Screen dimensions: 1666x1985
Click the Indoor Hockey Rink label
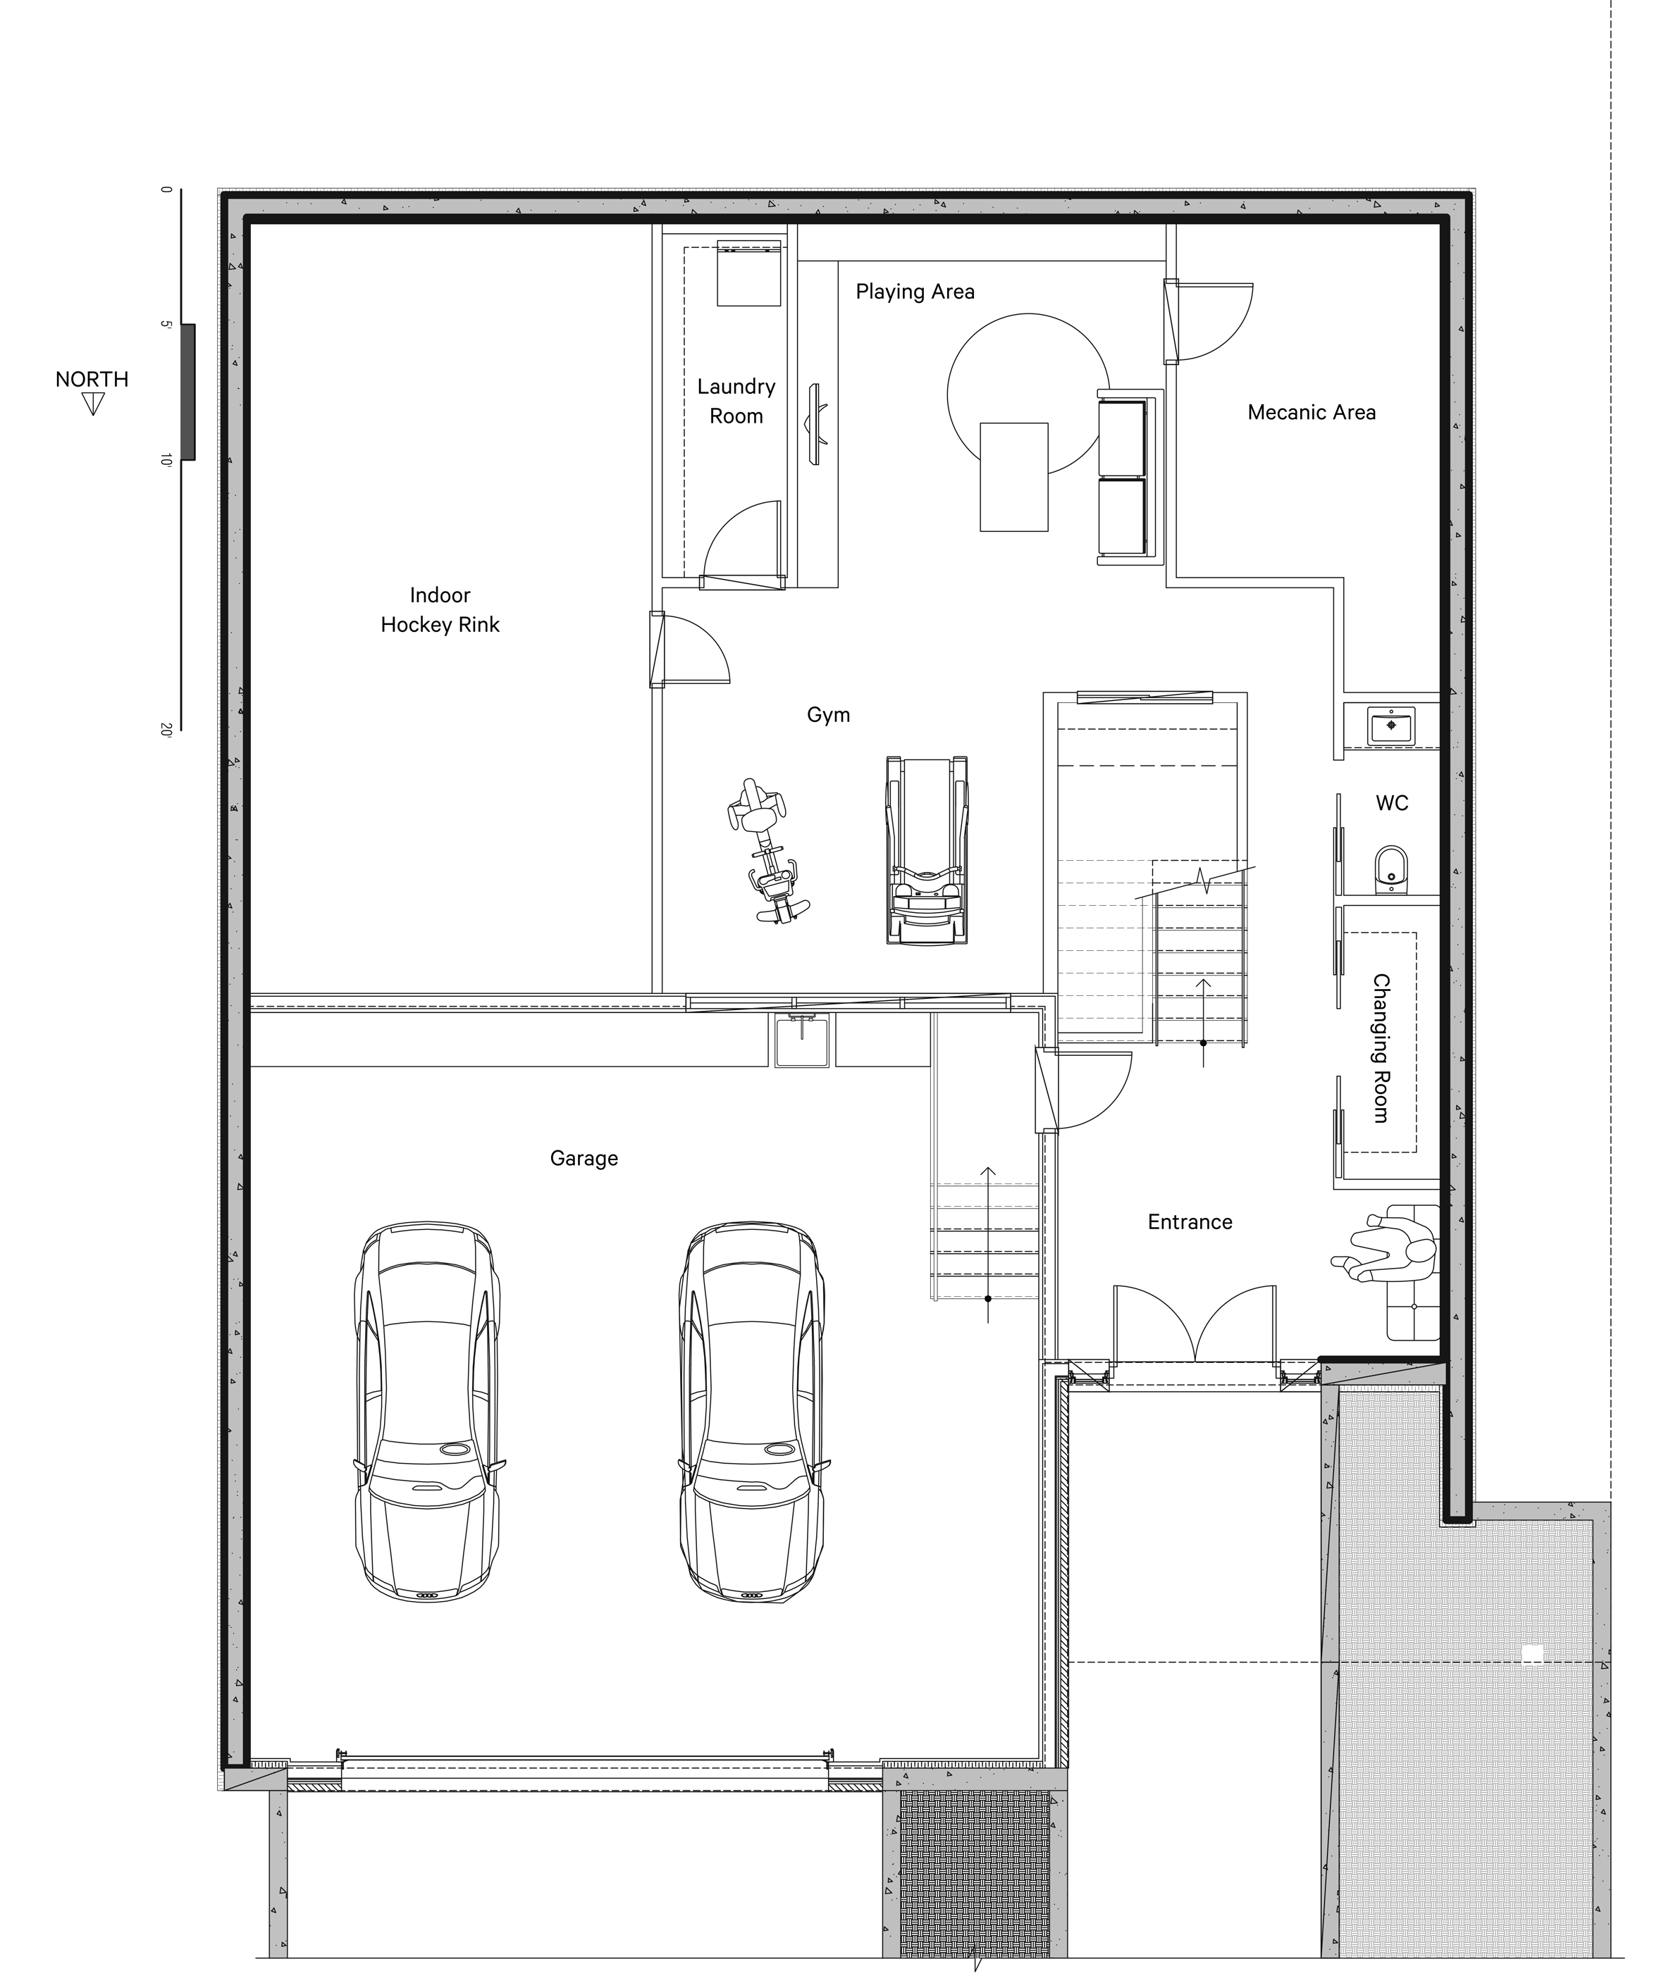440,610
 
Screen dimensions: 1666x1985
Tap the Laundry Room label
736,401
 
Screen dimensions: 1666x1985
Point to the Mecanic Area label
1311,412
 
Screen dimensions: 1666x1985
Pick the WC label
1392,802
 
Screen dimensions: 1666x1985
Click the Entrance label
1190,1222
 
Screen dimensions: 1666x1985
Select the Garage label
584,1159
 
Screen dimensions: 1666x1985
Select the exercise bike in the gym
767,851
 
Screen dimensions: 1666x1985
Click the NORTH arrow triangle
92,404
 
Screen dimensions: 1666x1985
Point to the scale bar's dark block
188,392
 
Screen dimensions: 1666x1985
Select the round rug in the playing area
1028,395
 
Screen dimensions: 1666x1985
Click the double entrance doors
1195,1324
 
